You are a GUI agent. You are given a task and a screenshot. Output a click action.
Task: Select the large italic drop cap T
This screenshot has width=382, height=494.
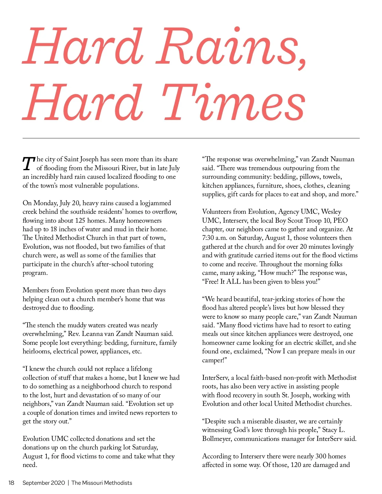pos(29,164)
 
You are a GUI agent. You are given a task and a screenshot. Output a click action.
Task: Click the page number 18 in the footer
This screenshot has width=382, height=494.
pos(11,483)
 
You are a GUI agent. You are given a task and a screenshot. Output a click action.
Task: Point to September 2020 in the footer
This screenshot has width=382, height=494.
pos(44,483)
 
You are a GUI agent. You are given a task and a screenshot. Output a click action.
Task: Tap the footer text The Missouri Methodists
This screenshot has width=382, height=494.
pos(102,483)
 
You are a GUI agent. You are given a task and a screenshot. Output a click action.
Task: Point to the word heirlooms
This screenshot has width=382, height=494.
pos(36,351)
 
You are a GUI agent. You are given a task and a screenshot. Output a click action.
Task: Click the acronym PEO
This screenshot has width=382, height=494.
pos(340,220)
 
